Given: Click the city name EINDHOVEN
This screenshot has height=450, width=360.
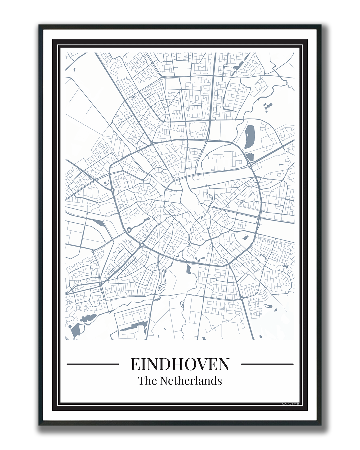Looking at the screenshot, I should (x=180, y=364).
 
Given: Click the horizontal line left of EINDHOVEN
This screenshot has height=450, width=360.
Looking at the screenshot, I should (x=93, y=364).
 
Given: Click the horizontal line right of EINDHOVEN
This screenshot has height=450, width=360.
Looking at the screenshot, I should (x=267, y=364).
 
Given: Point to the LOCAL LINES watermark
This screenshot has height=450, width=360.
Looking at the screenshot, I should (x=291, y=404).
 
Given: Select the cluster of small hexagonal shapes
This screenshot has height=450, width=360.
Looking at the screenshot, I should (x=268, y=107).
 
